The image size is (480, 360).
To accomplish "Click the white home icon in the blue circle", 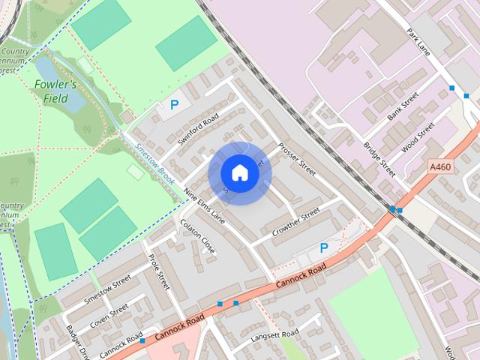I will tap(239, 173).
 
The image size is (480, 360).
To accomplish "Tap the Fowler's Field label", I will tap(55, 91).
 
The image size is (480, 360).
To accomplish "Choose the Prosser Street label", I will tap(296, 159).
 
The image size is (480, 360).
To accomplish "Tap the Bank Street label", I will tap(403, 108).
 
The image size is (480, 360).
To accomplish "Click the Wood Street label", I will tap(418, 138).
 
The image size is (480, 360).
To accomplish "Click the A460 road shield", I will tap(439, 166).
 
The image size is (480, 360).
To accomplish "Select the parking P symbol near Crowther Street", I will tap(324, 248).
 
